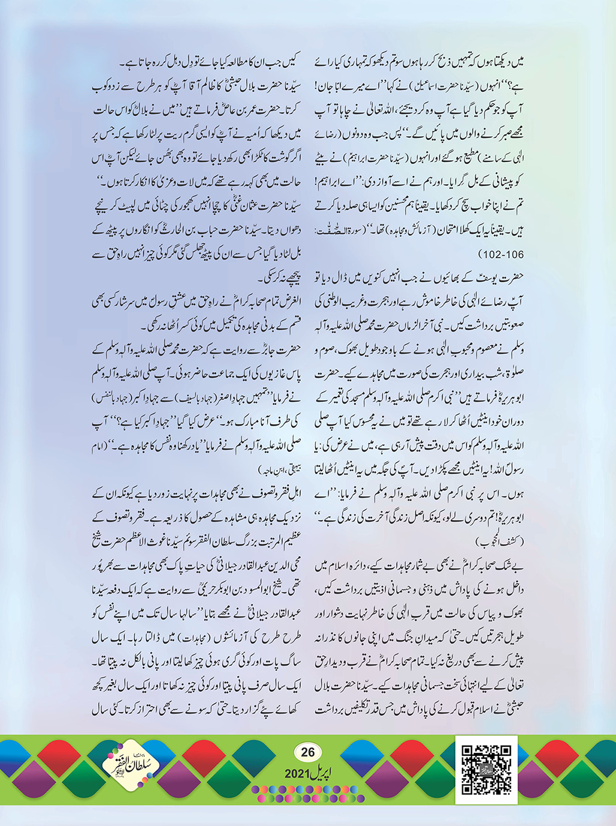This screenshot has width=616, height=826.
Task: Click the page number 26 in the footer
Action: point(307,752)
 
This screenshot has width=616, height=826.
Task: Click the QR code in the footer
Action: point(486,770)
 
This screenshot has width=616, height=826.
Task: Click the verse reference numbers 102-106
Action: point(502,255)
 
